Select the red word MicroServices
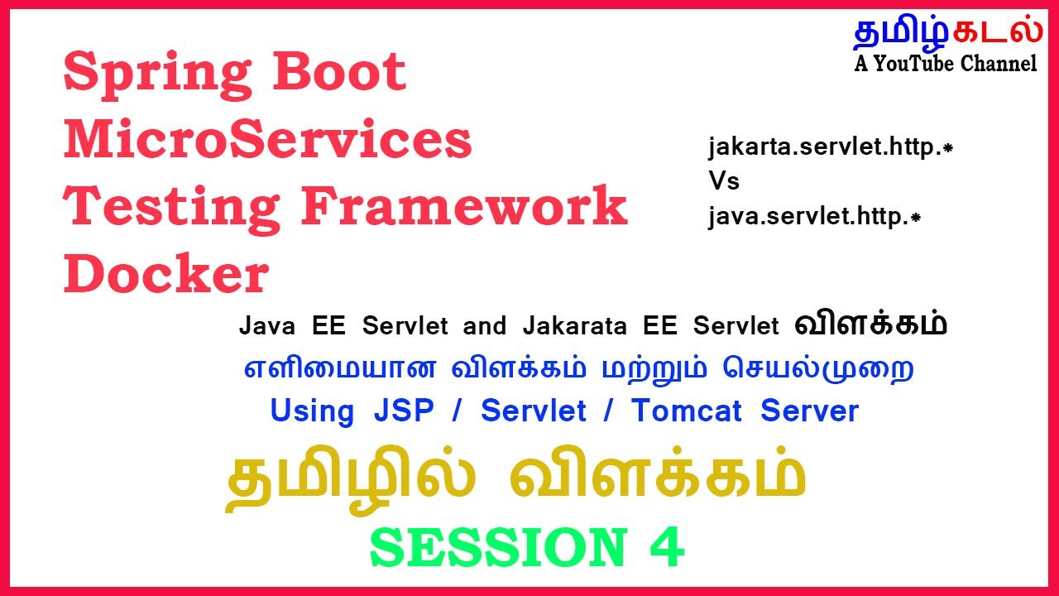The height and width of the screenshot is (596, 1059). [267, 140]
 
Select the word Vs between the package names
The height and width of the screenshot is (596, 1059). [723, 181]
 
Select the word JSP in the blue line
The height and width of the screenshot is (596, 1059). [403, 411]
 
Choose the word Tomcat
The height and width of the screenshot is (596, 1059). [687, 411]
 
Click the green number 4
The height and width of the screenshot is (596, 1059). [667, 547]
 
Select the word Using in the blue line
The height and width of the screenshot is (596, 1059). [312, 411]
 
